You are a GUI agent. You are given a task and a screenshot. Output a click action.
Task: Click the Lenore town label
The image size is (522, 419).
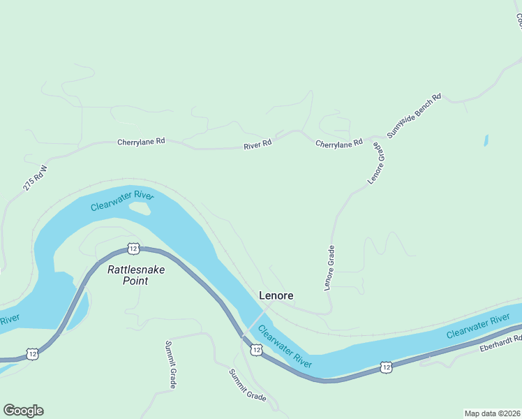pos(276,295)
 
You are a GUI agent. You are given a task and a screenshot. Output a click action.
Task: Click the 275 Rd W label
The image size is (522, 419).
pos(33,178)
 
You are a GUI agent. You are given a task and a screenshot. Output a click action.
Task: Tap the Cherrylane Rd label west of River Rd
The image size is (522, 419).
pos(141,141)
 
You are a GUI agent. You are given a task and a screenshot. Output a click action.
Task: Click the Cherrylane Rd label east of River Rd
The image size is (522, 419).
pos(339,142)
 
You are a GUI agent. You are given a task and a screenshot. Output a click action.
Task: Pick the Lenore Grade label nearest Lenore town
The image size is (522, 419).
pos(329,267)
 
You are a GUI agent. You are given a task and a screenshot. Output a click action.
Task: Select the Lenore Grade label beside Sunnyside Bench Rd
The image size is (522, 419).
pos(377,164)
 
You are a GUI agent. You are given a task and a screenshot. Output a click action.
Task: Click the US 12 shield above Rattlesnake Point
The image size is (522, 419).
pos(133,248)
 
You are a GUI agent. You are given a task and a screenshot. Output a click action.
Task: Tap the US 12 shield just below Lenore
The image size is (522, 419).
pos(256,349)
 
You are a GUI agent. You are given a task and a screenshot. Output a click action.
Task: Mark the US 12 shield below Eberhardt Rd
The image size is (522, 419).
pos(386,366)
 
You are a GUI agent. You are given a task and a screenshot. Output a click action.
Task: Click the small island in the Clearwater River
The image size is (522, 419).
pos(140,208)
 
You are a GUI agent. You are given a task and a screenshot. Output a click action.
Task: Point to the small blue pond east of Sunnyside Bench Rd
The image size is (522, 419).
pos(485,140)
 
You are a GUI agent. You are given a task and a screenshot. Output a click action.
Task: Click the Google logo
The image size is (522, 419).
pos(23,411)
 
